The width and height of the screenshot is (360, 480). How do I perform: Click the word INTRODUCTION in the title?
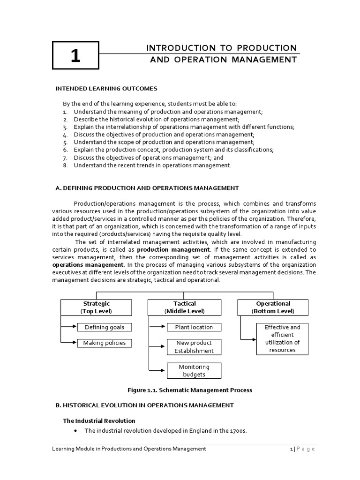[x=173, y=48]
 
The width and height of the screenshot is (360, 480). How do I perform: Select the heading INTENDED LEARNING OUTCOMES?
[x=106, y=88]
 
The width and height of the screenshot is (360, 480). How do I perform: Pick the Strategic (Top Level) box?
[x=96, y=307]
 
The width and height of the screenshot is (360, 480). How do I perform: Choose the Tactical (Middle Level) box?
[x=184, y=307]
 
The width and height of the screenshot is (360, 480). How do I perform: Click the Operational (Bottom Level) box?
[x=273, y=307]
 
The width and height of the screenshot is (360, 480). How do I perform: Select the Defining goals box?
[x=104, y=327]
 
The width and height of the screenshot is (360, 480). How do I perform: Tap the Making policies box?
[x=104, y=343]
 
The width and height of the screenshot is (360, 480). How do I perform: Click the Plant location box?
[x=194, y=327]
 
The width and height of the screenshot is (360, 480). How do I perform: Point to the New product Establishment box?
[x=194, y=347]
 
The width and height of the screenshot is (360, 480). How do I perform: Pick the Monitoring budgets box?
[x=194, y=370]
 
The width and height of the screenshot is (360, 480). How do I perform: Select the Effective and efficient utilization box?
[x=282, y=338]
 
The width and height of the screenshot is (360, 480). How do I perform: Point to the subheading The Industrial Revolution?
[x=99, y=420]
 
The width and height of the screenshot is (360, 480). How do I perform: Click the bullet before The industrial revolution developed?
[x=76, y=430]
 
